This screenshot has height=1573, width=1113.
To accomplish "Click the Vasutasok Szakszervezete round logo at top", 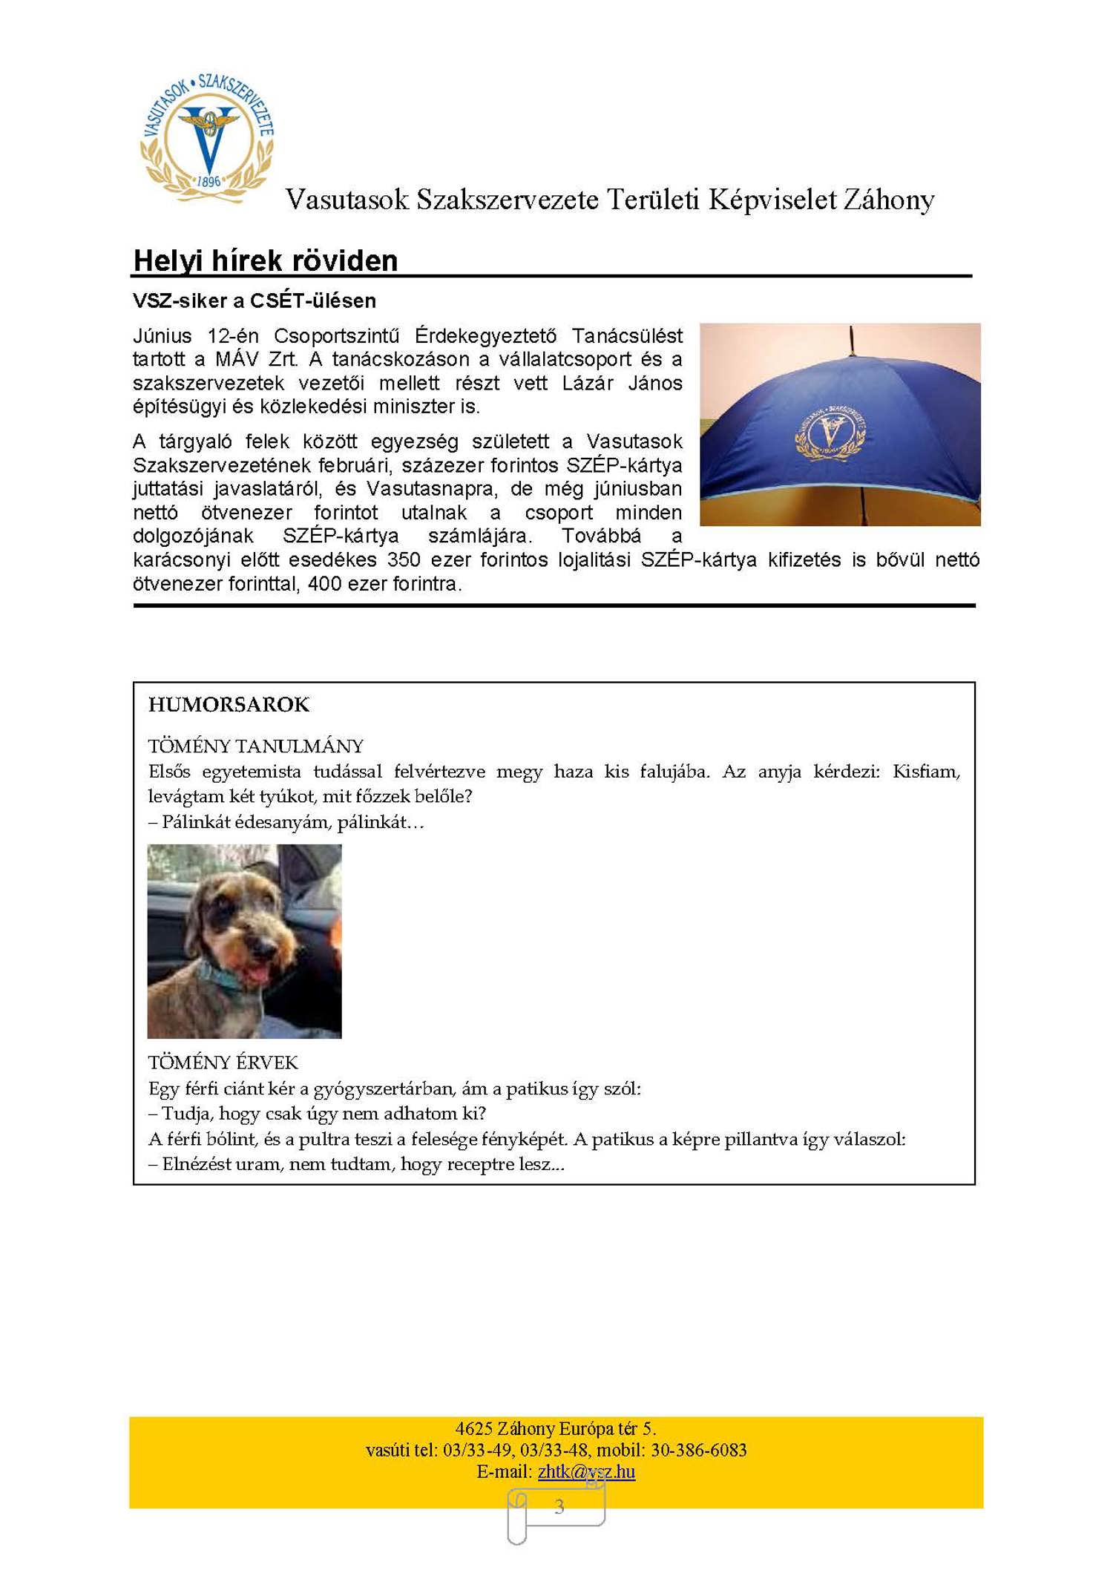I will click(207, 137).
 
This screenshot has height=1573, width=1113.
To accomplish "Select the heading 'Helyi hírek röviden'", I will click(266, 261).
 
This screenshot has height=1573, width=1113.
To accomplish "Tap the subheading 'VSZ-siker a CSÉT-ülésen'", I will click(254, 301).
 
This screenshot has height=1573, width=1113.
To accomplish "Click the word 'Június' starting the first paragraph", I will click(162, 336).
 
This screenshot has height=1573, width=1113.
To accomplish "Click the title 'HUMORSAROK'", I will click(229, 705).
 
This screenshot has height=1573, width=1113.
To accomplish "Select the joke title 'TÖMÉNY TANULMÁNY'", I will click(255, 746).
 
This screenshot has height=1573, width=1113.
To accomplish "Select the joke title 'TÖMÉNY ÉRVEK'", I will click(223, 1063).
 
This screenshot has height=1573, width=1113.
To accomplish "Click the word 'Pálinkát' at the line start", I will click(194, 822).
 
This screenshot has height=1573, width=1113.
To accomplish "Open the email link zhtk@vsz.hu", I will click(586, 1472).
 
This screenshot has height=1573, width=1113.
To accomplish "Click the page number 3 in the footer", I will click(559, 1507).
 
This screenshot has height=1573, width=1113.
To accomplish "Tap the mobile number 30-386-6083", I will click(698, 1451).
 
